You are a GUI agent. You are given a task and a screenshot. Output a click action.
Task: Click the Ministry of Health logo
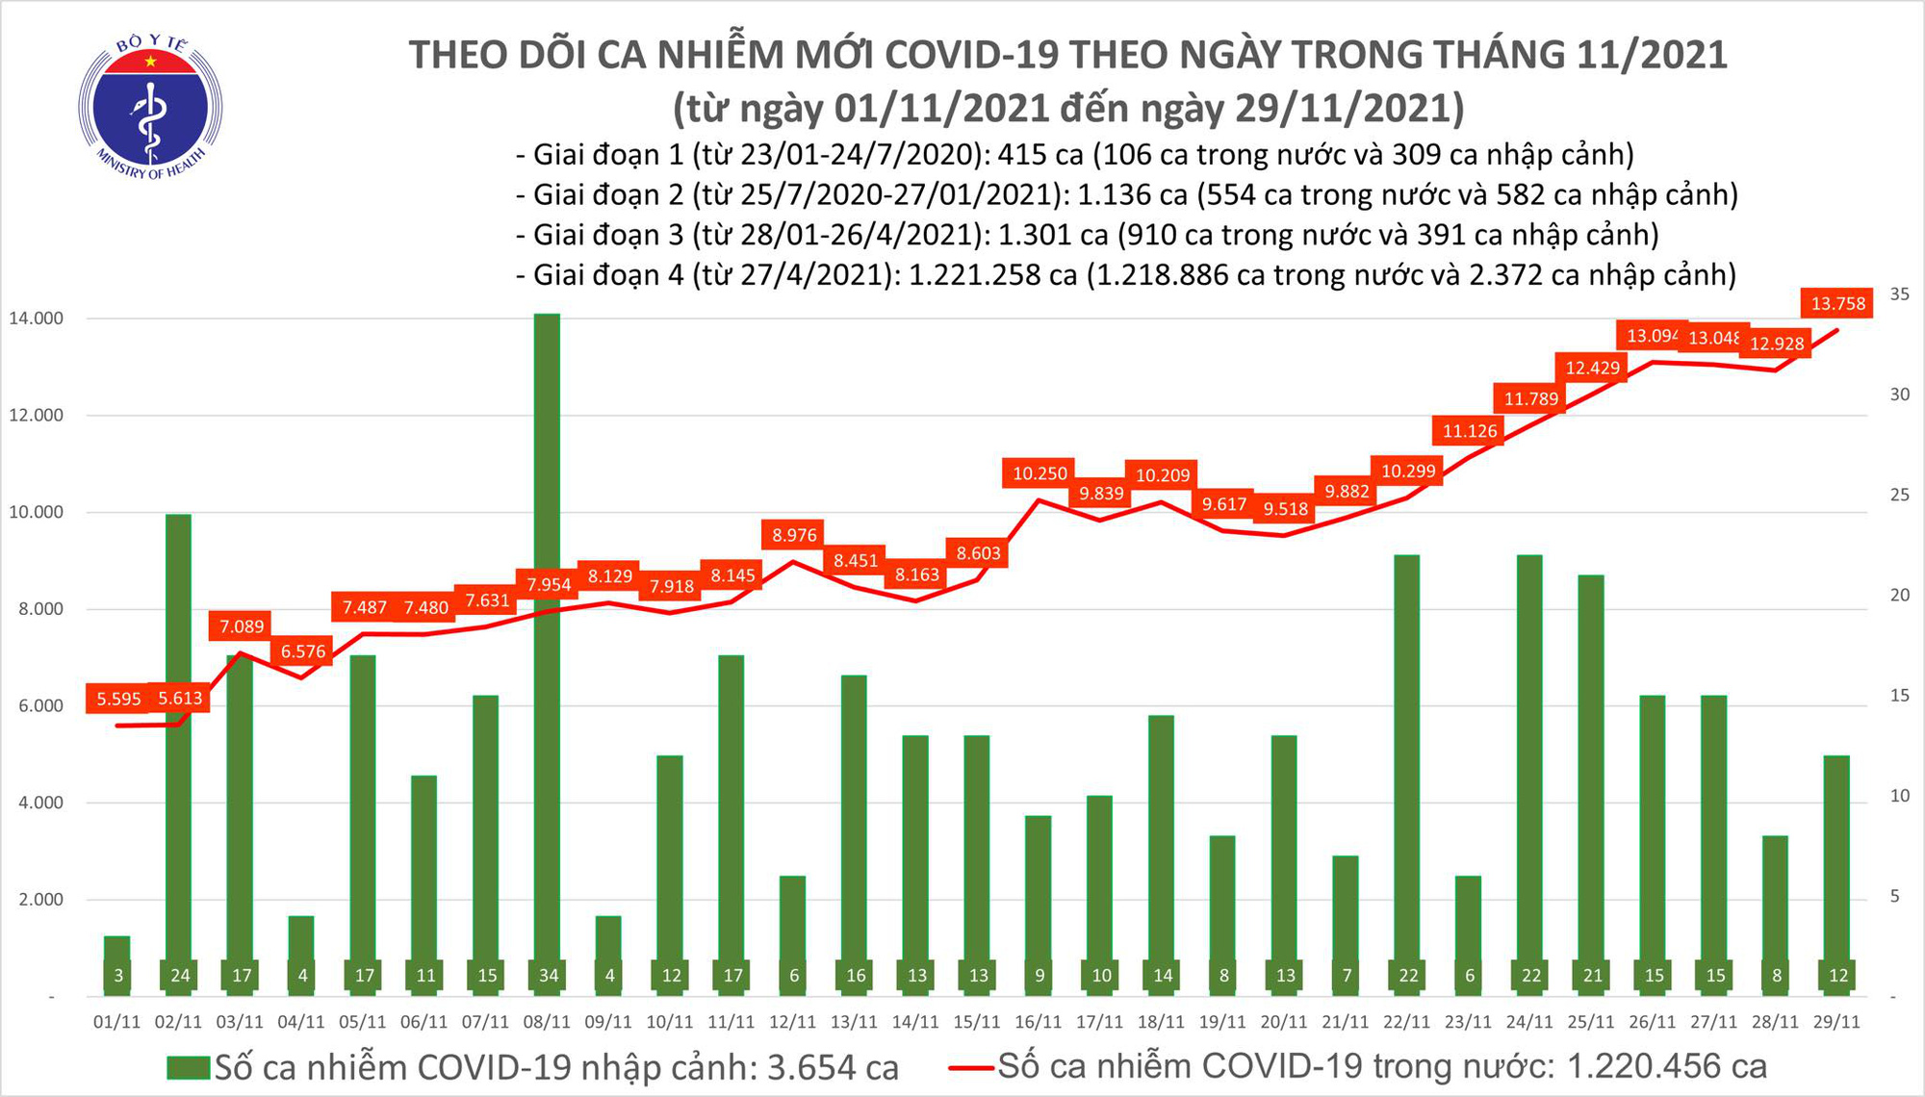[150, 107]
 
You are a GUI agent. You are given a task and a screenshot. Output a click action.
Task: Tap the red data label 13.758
[1837, 304]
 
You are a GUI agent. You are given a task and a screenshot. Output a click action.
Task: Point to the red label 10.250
[1039, 473]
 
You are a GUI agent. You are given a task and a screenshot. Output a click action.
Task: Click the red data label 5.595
[118, 699]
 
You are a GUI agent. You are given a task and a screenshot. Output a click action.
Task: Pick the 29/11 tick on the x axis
[1836, 1022]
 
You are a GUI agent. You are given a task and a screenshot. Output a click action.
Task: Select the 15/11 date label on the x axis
[977, 1022]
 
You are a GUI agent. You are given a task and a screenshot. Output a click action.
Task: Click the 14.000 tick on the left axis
[36, 319]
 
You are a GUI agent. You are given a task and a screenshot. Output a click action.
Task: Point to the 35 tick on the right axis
[1899, 294]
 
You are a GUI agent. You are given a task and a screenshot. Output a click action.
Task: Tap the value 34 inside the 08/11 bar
[548, 976]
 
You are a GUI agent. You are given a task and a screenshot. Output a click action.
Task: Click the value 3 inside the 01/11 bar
[117, 976]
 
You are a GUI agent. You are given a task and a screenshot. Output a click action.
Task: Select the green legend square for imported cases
[188, 1067]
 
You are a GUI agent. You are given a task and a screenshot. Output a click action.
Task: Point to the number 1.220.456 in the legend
[1667, 1066]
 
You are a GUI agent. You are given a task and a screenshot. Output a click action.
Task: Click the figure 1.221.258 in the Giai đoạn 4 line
[974, 275]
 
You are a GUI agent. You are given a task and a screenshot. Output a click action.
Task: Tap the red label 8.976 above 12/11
[794, 535]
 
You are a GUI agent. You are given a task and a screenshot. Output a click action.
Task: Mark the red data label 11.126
[1469, 431]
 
